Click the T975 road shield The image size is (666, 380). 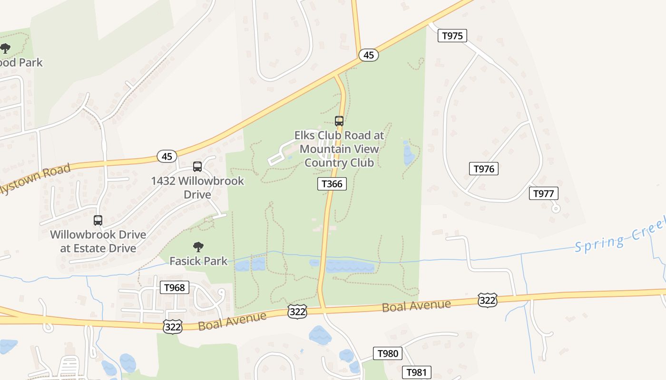[x=452, y=36]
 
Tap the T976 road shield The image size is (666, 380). [x=484, y=169]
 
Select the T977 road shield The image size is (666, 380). [x=544, y=193]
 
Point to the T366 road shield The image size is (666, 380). [x=332, y=184]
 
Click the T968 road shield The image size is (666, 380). [x=175, y=287]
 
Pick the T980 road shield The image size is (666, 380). [x=388, y=353]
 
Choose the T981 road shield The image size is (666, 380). [x=417, y=372]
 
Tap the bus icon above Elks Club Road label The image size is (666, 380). [x=339, y=121]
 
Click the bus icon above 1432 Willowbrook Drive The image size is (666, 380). [x=197, y=167]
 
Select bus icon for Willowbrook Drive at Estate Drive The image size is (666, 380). [x=98, y=220]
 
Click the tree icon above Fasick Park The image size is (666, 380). [x=198, y=247]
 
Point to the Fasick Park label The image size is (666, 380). [x=198, y=261]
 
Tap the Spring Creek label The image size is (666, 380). [x=618, y=237]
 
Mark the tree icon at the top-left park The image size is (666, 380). [x=5, y=48]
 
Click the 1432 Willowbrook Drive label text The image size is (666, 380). [x=197, y=188]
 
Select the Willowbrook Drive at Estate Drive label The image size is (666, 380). [x=98, y=241]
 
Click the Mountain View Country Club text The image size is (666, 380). [x=339, y=156]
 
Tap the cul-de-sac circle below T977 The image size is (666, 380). [x=556, y=208]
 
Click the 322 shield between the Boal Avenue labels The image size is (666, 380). [x=297, y=312]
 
